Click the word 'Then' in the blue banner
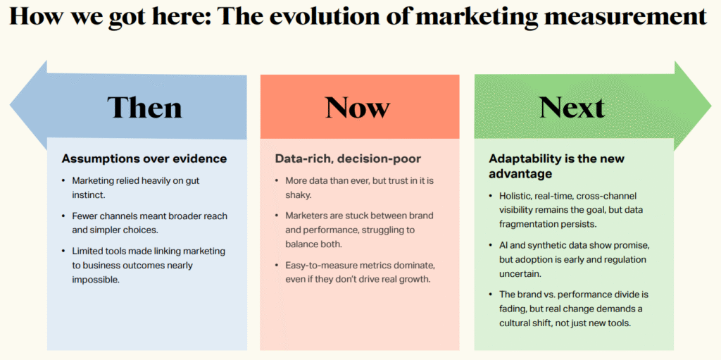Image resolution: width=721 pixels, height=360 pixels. pyautogui.click(x=144, y=107)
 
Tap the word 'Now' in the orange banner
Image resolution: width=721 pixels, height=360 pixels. pyautogui.click(x=358, y=107)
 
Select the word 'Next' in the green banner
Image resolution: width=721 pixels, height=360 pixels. pyautogui.click(x=572, y=107)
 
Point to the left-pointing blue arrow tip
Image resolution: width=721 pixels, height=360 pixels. pyautogui.click(x=11, y=106)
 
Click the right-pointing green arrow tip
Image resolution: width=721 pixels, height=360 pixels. pyautogui.click(x=710, y=106)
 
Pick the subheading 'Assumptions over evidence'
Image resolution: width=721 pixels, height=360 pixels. pyautogui.click(x=144, y=159)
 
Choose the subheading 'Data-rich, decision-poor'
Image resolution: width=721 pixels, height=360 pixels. pyautogui.click(x=348, y=159)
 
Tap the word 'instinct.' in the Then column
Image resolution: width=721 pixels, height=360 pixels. pyautogui.click(x=89, y=194)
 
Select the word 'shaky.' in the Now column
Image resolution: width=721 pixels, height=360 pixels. pyautogui.click(x=299, y=194)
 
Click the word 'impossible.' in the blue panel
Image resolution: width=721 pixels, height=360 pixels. pyautogui.click(x=96, y=280)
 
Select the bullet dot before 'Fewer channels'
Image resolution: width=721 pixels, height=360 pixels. pyautogui.click(x=63, y=216)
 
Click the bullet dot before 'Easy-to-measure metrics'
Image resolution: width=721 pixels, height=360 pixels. pyautogui.click(x=277, y=266)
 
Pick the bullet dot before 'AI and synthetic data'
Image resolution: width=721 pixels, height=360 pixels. pyautogui.click(x=491, y=245)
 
